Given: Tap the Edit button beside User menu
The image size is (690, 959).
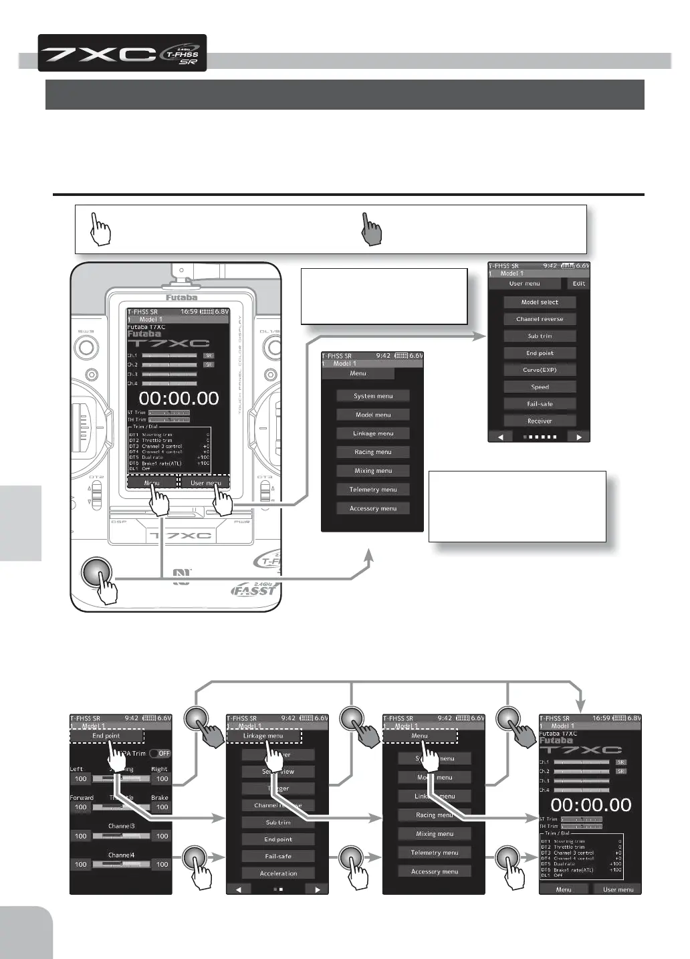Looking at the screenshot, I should tap(578, 284).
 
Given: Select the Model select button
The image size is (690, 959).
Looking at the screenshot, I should tap(540, 302).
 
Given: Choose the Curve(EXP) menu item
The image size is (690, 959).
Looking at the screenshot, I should tap(540, 370).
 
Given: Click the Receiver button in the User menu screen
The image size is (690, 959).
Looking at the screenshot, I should tap(540, 421).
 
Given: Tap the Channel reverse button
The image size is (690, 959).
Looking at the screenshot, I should tap(540, 319).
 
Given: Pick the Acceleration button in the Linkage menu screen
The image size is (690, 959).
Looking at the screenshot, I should tap(278, 873).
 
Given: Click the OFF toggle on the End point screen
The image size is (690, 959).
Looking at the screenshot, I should tap(160, 754).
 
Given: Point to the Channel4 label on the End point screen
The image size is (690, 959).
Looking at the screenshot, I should tap(121, 855).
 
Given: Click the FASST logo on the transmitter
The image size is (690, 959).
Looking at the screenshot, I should tap(254, 591).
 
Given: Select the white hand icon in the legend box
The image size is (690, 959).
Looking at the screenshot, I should tap(100, 229).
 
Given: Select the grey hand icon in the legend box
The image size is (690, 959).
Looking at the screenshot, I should tap(372, 229).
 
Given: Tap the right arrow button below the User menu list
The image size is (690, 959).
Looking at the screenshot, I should tap(579, 437).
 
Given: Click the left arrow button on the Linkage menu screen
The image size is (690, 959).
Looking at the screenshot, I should tap(239, 889).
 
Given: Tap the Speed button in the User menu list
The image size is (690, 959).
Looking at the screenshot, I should tap(540, 387).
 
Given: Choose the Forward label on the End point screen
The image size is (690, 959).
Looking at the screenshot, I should tap(82, 798).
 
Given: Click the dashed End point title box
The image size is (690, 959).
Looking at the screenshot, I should tap(106, 736).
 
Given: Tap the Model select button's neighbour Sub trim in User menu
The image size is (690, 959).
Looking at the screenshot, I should tap(540, 336).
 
